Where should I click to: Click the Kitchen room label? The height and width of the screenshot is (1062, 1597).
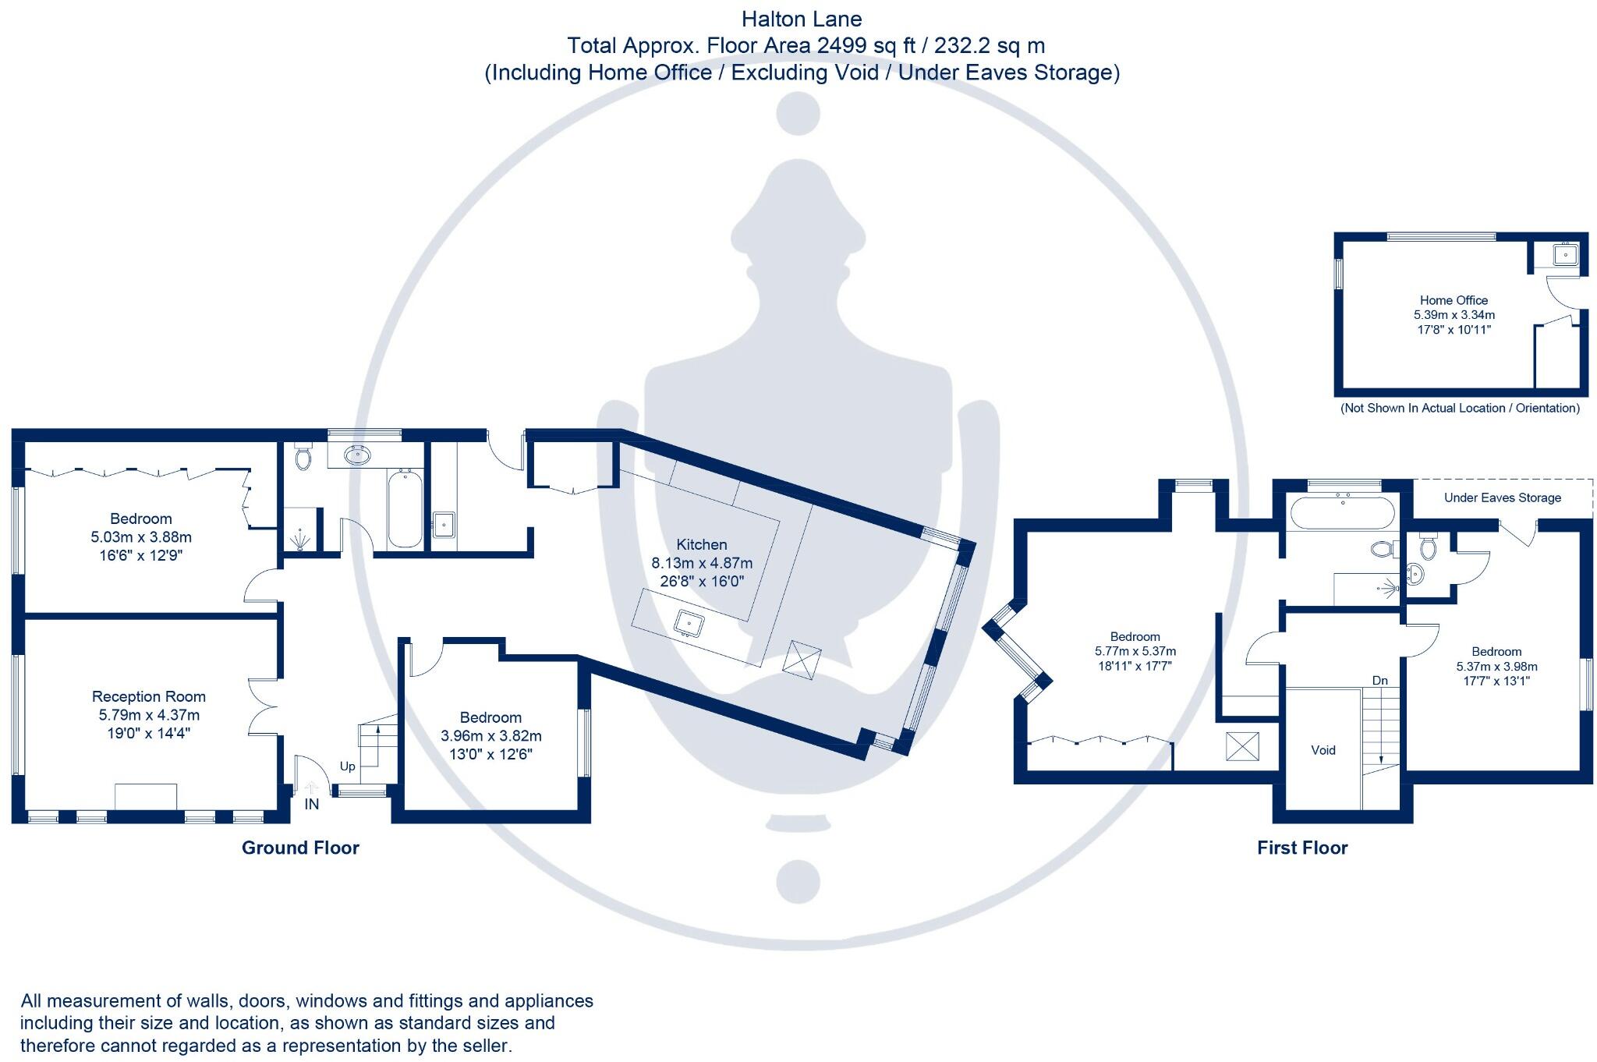(701, 544)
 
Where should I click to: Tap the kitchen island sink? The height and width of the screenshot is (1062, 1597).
(689, 623)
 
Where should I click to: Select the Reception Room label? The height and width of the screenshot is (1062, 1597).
(148, 696)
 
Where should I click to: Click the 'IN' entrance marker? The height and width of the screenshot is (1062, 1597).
(311, 804)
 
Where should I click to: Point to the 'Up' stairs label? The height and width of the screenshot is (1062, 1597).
(347, 766)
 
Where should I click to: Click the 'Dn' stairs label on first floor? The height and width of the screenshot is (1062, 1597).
(1379, 681)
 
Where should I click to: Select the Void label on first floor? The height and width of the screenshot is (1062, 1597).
(1323, 750)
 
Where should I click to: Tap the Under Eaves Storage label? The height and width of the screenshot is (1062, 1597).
(1502, 497)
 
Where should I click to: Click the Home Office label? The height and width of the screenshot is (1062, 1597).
(1454, 300)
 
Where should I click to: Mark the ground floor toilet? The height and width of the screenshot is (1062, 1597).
(303, 457)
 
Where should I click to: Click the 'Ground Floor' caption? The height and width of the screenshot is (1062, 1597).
(300, 848)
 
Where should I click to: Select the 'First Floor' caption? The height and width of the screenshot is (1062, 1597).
(1301, 848)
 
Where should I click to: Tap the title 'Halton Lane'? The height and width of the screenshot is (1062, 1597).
(801, 19)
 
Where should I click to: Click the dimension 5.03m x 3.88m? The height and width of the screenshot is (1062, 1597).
(141, 537)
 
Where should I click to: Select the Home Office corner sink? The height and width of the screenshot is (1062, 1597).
(1564, 254)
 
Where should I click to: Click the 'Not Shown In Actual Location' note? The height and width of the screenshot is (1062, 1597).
(1460, 408)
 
